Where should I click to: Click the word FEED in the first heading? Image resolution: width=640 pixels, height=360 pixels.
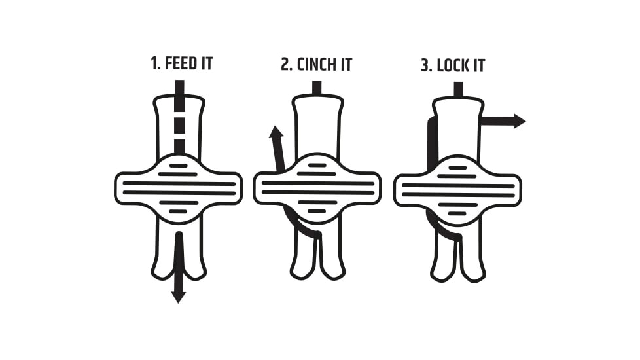click(181, 63)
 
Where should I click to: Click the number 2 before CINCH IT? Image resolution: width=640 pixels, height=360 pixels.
click(286, 65)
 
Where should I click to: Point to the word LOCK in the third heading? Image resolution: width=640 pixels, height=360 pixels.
click(453, 65)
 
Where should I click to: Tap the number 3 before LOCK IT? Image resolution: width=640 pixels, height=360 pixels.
click(426, 65)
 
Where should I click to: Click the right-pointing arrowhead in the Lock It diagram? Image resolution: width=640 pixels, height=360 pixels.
click(520, 121)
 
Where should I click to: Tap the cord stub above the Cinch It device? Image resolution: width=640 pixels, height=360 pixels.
click(317, 88)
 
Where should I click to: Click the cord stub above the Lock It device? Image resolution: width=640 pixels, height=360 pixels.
click(458, 89)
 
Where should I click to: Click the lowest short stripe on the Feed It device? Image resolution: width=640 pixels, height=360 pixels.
click(178, 211)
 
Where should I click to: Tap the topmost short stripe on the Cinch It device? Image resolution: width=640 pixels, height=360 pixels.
click(317, 166)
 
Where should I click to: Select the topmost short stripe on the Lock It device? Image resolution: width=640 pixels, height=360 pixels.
click(457, 168)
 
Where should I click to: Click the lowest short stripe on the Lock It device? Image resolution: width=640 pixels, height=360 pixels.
click(457, 213)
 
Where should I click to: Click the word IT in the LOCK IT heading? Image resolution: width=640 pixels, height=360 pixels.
click(479, 65)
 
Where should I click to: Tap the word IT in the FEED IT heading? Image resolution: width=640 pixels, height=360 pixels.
click(207, 63)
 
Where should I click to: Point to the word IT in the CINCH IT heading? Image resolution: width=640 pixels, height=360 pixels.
click(346, 65)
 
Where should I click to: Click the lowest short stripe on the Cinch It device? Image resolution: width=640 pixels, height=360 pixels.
click(317, 211)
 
